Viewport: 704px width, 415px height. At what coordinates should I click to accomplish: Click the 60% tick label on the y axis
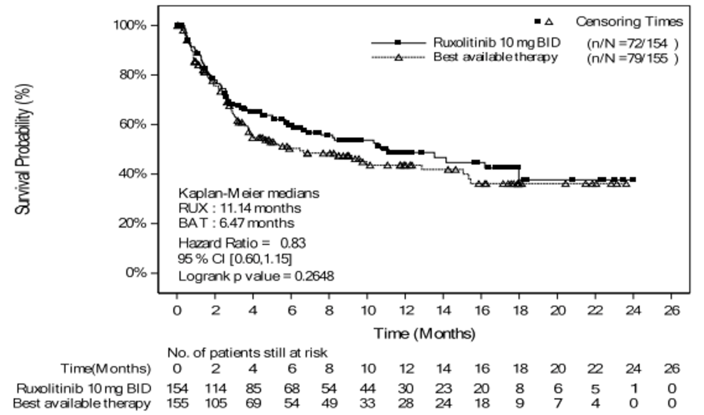click(133, 124)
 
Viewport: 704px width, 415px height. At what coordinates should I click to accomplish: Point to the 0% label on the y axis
click(136, 273)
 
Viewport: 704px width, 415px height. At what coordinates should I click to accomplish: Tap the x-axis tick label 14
click(443, 311)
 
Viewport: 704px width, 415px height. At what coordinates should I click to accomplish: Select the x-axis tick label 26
click(671, 311)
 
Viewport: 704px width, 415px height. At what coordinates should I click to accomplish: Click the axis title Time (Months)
click(424, 333)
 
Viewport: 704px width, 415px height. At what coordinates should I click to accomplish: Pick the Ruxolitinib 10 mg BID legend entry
click(496, 43)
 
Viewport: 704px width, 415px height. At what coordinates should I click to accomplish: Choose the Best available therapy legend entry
click(495, 57)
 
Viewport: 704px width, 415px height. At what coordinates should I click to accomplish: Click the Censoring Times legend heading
click(629, 22)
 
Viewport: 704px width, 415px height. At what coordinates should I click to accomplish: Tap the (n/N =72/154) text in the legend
click(632, 44)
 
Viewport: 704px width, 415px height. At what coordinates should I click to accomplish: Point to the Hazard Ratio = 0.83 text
click(242, 243)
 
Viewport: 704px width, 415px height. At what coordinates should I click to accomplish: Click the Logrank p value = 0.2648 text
click(256, 276)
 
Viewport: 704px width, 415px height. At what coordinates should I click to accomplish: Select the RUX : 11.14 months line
click(240, 208)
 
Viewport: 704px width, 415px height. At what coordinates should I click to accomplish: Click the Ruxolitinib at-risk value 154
click(177, 389)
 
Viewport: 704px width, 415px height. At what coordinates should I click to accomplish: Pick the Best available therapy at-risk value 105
click(215, 404)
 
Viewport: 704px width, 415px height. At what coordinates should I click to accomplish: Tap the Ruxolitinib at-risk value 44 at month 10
click(367, 389)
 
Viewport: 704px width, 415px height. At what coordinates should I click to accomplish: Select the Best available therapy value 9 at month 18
click(519, 404)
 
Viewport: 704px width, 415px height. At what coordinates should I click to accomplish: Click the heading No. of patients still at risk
click(247, 353)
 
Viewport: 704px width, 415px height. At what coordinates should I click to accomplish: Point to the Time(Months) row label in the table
click(106, 369)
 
